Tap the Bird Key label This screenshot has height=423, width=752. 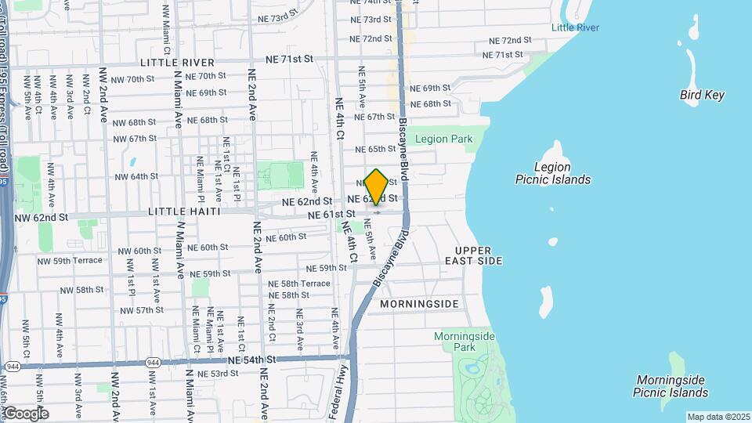pyautogui.click(x=702, y=96)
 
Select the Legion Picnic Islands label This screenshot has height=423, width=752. pyautogui.click(x=552, y=173)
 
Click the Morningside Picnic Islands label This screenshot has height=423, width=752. pyautogui.click(x=671, y=386)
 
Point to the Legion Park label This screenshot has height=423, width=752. pyautogui.click(x=443, y=139)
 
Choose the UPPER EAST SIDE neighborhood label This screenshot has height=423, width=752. pyautogui.click(x=473, y=255)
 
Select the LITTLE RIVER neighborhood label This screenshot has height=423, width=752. pyautogui.click(x=177, y=62)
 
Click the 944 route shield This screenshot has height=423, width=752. pyautogui.click(x=13, y=367)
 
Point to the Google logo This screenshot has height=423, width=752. pyautogui.click(x=26, y=414)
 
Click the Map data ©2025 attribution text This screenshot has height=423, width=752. pyautogui.click(x=718, y=417)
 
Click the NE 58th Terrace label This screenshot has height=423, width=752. pyautogui.click(x=299, y=284)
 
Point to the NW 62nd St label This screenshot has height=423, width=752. pyautogui.click(x=42, y=217)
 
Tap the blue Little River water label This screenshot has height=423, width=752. pyautogui.click(x=575, y=27)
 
